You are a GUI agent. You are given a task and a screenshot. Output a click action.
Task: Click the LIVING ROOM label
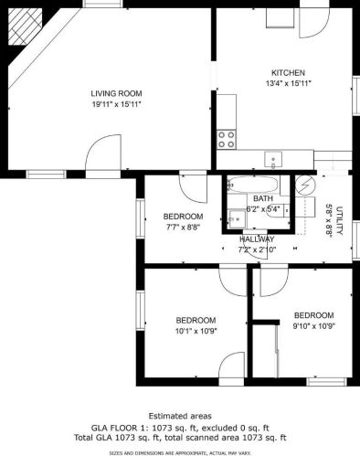[116, 93]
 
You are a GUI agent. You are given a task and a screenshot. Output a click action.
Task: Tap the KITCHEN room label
[288, 73]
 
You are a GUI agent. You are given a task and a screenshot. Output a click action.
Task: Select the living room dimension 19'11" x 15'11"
[116, 104]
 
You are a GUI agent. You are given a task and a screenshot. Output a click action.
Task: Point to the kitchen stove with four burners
[227, 139]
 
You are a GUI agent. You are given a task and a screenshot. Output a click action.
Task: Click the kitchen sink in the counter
[273, 159]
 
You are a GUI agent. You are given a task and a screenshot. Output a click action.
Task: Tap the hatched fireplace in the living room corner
[25, 27]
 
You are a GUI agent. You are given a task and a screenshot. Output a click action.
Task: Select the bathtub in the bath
[253, 185]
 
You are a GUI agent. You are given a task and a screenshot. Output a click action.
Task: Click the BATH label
[263, 198]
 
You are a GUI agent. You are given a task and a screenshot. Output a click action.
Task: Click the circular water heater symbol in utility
[305, 185]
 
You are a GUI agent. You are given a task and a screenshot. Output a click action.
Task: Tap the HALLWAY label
[257, 239]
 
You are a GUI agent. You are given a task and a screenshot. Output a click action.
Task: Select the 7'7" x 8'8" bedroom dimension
[183, 228]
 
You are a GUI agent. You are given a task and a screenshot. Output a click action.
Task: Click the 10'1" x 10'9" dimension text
[196, 331]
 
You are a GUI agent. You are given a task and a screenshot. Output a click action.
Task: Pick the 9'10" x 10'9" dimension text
[314, 326]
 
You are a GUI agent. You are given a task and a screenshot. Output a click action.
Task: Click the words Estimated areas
[180, 416]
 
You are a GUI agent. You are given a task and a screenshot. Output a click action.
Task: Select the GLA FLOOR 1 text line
[180, 428]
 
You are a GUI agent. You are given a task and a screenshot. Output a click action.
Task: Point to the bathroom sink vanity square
[238, 218]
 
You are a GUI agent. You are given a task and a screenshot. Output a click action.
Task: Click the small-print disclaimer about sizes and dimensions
[180, 453]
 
